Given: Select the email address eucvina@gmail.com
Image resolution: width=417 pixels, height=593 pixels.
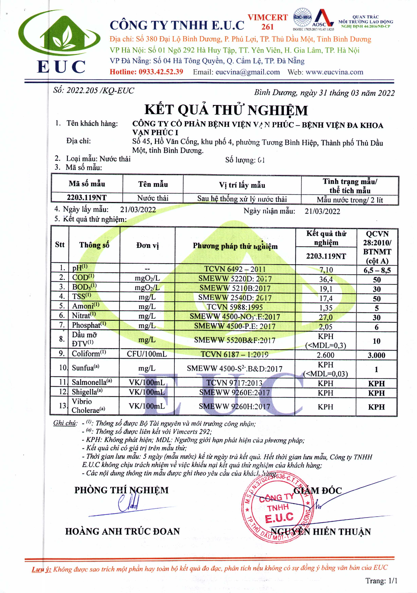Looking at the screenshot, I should [247, 72].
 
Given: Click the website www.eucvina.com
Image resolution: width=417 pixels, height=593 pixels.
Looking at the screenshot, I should [334, 72].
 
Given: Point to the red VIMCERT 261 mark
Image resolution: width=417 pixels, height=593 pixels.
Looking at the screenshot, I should [267, 22].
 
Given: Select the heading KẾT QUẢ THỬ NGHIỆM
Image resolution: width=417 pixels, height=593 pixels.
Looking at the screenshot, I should [226, 110].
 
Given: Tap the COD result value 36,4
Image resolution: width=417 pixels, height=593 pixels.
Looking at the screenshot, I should [326, 279].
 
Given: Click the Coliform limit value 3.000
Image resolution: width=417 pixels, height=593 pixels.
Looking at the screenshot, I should [376, 355].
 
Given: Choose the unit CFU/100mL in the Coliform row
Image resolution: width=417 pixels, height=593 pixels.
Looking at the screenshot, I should [147, 354].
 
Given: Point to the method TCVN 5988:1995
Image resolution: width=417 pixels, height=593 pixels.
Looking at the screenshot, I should [234, 307].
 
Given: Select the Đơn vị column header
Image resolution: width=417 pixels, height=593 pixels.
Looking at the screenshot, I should [147, 245].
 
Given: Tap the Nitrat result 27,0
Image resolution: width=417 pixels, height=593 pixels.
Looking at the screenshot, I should [325, 317].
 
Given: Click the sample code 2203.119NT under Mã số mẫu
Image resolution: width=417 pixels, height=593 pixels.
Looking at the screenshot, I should [87, 198].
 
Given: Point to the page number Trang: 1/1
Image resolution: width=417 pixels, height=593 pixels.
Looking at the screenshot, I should [381, 581].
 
